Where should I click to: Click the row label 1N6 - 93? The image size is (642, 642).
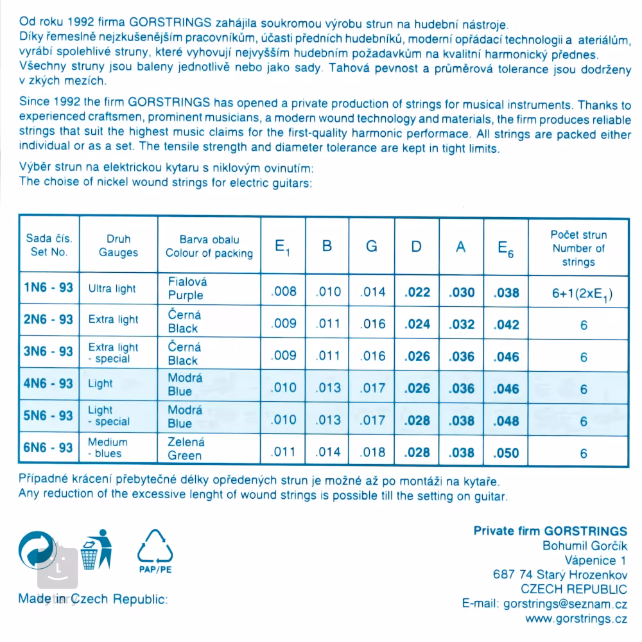[x=48, y=288]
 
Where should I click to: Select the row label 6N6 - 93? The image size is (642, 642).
[x=48, y=447]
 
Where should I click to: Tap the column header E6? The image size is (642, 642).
[x=506, y=248]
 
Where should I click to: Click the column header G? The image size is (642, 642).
[x=372, y=247]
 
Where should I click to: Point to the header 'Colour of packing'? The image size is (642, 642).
[x=209, y=253]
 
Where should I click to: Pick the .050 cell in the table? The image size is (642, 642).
[x=506, y=453]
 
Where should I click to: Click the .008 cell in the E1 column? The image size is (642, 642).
[x=284, y=292]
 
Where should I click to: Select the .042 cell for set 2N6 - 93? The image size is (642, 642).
[x=506, y=324]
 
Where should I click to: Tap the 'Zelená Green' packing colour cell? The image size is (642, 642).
[x=186, y=449]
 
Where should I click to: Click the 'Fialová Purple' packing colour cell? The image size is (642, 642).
[x=186, y=289]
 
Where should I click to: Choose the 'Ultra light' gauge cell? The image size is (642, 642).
[x=112, y=289]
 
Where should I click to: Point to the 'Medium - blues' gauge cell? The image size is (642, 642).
[x=108, y=447]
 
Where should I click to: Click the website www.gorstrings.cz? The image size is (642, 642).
[x=576, y=619]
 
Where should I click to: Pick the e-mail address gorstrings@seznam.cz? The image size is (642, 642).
[x=564, y=604]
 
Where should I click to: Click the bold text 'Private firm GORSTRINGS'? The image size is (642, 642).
[x=550, y=531]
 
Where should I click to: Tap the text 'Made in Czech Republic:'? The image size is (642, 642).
[x=92, y=600]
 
